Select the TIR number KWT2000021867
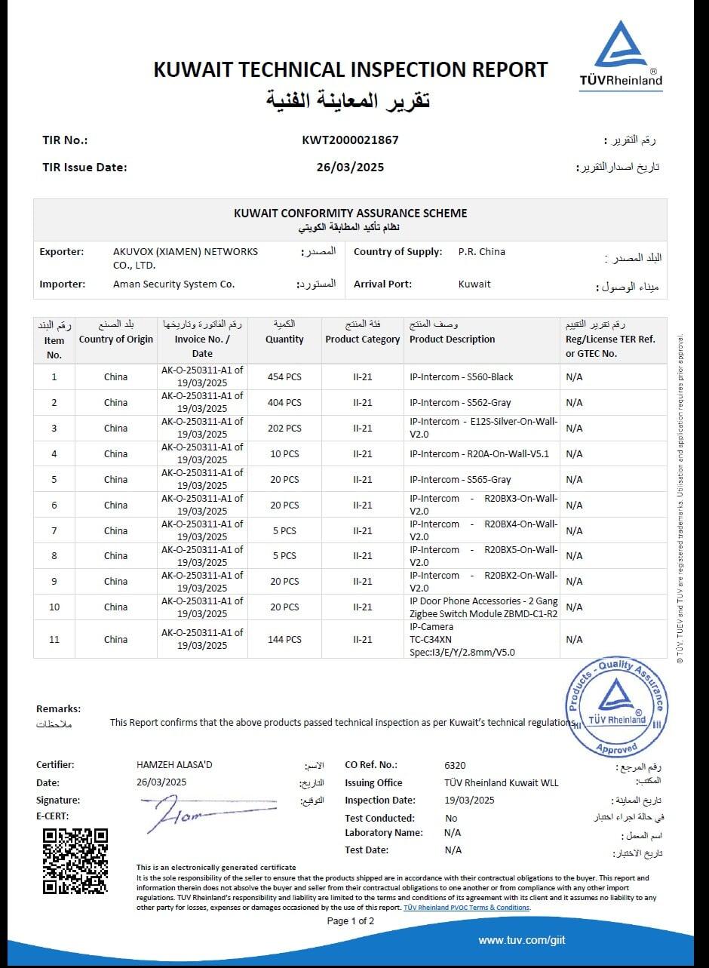(350, 140)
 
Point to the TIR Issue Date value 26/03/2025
(350, 167)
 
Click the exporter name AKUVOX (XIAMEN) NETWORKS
(185, 252)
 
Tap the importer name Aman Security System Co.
(173, 284)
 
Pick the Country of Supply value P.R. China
(481, 252)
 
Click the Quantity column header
(284, 340)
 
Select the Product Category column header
(362, 340)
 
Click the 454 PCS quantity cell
(284, 376)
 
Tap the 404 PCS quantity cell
(284, 403)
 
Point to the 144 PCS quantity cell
(284, 639)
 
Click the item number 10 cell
(54, 607)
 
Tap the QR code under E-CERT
(75, 861)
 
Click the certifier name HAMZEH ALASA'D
(174, 765)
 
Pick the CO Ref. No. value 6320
(455, 765)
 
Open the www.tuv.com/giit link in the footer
(521, 940)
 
